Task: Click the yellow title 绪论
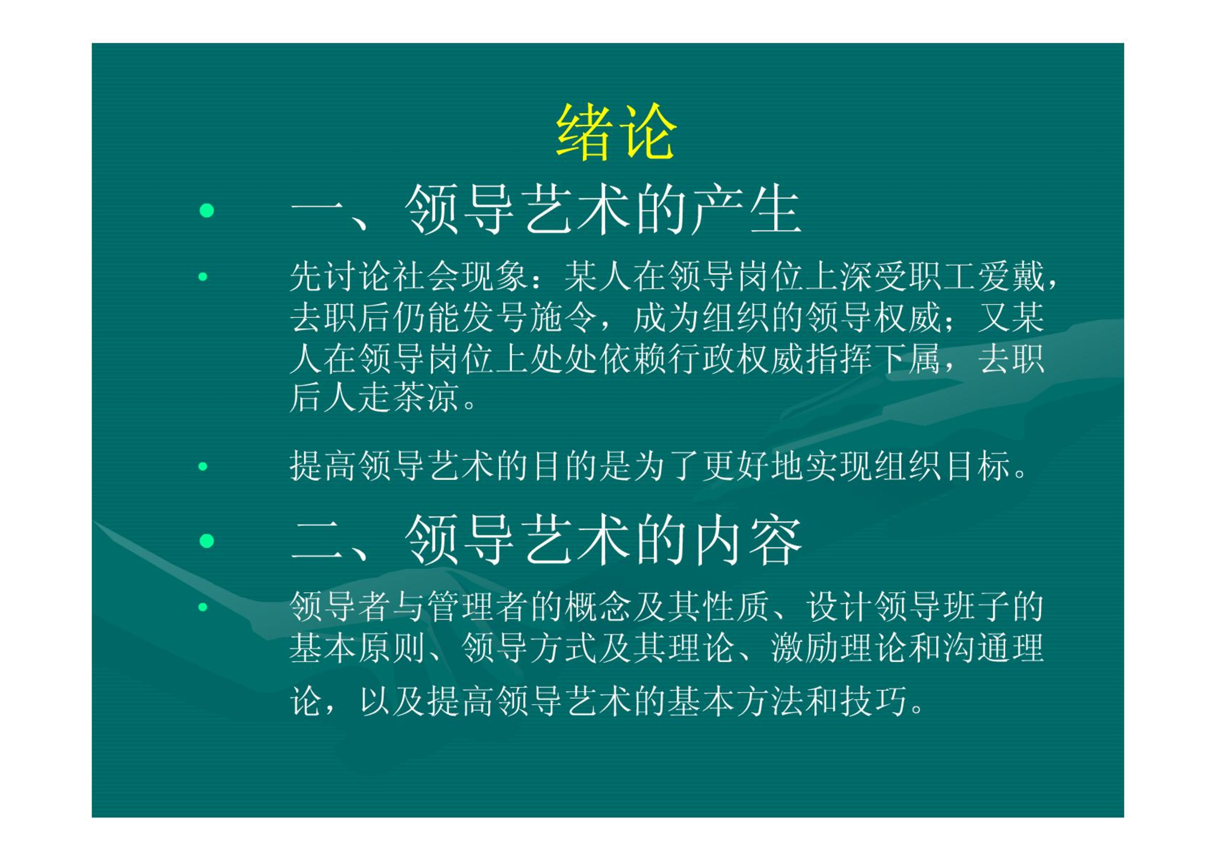point(616,132)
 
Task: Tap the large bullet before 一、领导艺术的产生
point(207,210)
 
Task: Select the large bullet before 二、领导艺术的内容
point(207,541)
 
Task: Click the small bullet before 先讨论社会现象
point(203,277)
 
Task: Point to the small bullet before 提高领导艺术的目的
point(203,466)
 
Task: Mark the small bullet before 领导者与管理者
point(203,607)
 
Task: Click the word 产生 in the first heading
point(745,210)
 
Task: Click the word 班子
point(977,607)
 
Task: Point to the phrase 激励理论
point(839,648)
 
